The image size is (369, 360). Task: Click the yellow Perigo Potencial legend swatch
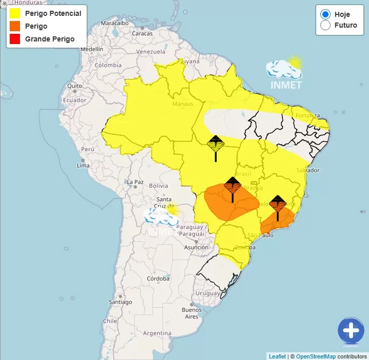pyautogui.click(x=14, y=13)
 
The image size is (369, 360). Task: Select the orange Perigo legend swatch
pyautogui.click(x=14, y=26)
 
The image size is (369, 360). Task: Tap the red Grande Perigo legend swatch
pyautogui.click(x=14, y=39)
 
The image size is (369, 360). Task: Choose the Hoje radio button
pyautogui.click(x=325, y=14)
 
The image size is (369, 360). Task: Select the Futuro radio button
pyautogui.click(x=325, y=25)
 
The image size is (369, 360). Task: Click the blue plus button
pyautogui.click(x=351, y=330)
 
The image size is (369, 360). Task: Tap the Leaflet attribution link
pyautogui.click(x=277, y=356)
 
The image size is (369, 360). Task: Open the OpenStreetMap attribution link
pyautogui.click(x=316, y=356)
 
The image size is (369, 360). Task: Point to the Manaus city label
pyautogui.click(x=182, y=104)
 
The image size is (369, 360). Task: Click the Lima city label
pyautogui.click(x=83, y=165)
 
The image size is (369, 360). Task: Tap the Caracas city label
pyautogui.click(x=142, y=34)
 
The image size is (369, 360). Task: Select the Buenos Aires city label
pyautogui.click(x=192, y=313)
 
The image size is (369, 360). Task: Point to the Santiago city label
pyautogui.click(x=120, y=302)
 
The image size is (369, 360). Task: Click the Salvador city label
pyautogui.click(x=307, y=170)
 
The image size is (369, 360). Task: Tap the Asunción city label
pyautogui.click(x=196, y=247)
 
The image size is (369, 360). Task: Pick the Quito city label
pyautogui.click(x=74, y=86)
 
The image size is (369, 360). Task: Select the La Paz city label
pyautogui.click(x=135, y=182)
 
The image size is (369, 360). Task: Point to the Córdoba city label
pyautogui.click(x=158, y=279)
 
